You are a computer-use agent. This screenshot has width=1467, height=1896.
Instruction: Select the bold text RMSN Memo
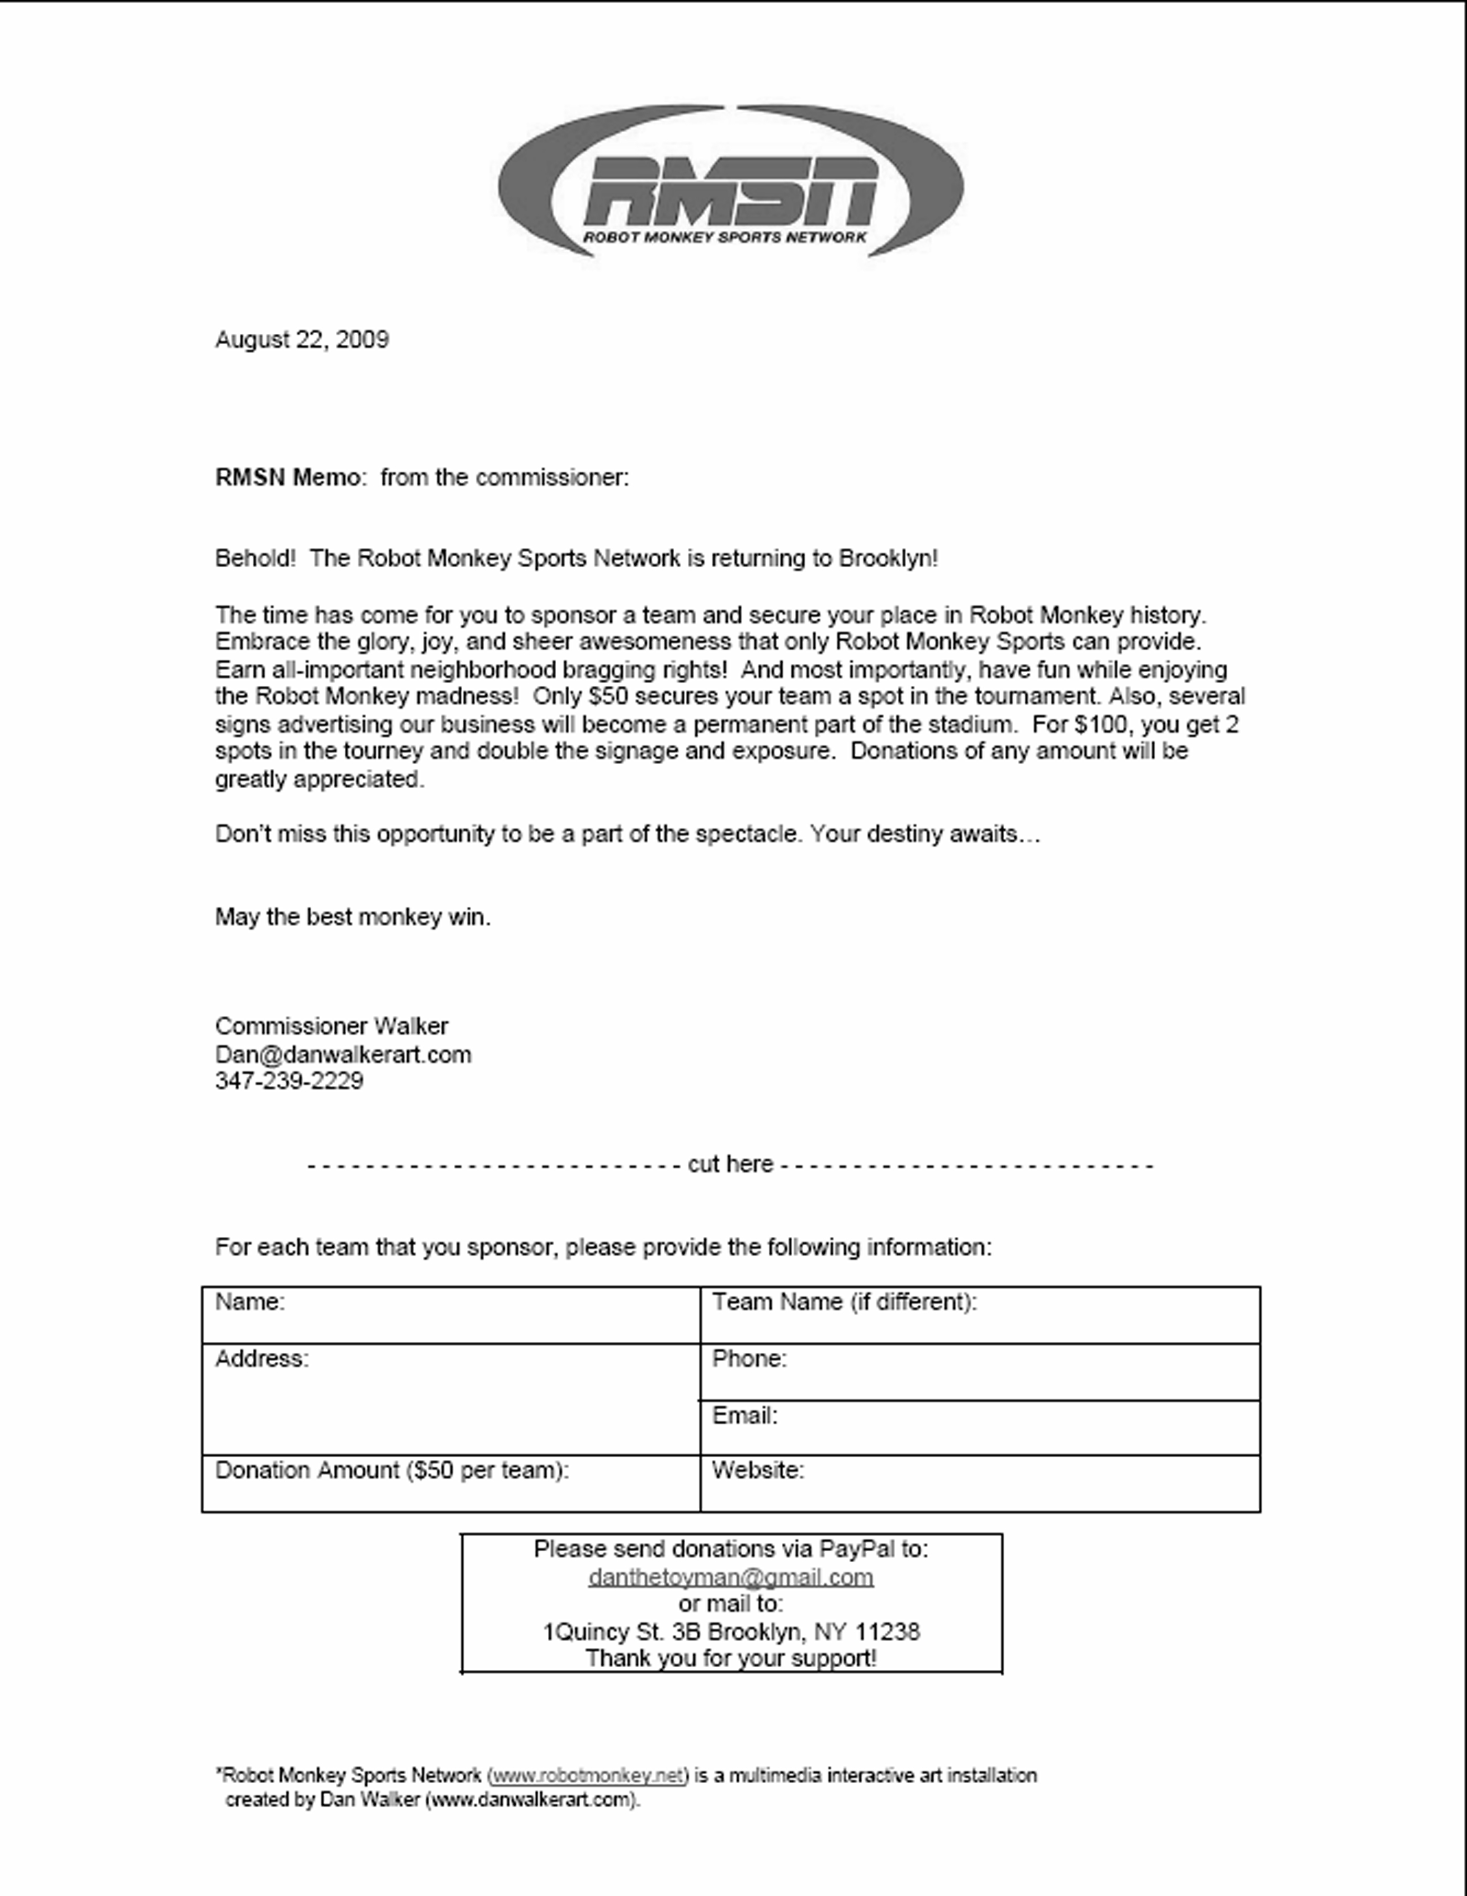(x=288, y=478)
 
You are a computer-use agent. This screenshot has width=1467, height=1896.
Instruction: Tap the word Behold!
(x=255, y=558)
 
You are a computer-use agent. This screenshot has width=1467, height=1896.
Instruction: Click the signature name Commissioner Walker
(x=332, y=1026)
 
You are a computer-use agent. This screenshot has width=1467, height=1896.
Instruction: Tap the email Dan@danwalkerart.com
(x=343, y=1055)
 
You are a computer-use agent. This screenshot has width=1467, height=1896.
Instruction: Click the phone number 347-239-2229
(x=289, y=1081)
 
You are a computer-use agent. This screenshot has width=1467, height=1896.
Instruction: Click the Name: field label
(x=250, y=1302)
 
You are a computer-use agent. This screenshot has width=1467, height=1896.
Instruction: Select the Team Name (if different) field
(x=844, y=1302)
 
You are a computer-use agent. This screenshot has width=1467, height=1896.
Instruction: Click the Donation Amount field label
(x=391, y=1470)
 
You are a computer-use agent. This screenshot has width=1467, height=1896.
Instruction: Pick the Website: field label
(x=758, y=1470)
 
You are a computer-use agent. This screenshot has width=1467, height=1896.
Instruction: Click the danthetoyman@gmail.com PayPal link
(x=731, y=1577)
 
